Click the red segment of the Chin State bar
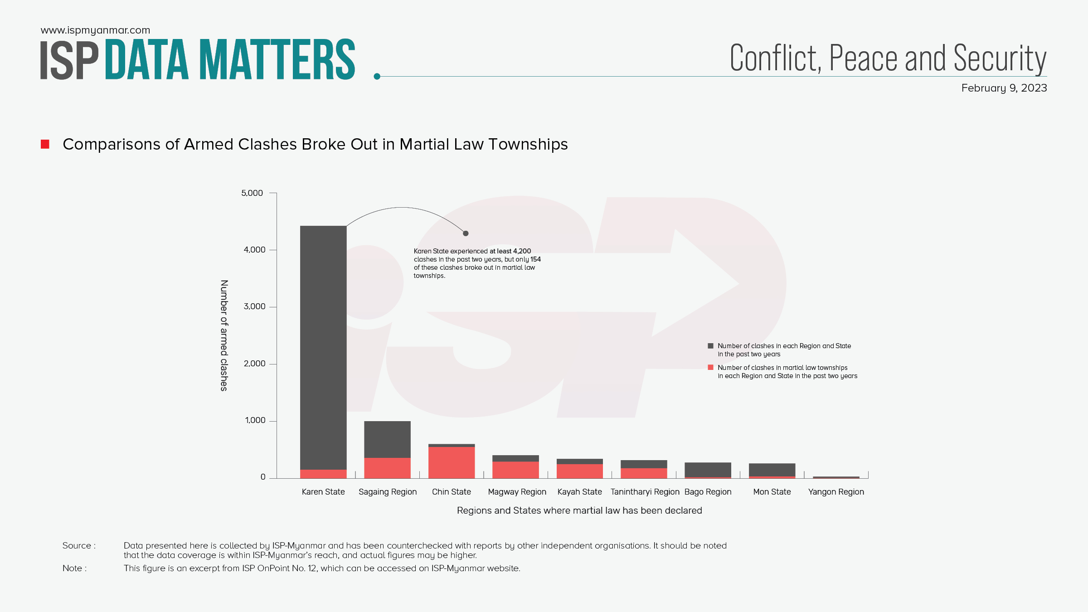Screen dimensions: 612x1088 click(x=452, y=462)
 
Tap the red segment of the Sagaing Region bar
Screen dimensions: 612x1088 click(x=387, y=468)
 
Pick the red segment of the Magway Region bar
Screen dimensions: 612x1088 click(x=515, y=470)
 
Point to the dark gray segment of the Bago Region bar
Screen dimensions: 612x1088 click(x=708, y=470)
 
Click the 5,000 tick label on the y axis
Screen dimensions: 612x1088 click(x=252, y=193)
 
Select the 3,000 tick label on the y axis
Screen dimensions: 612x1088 click(x=254, y=306)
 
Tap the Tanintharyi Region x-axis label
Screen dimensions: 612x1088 click(x=645, y=492)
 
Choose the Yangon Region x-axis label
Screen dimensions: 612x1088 click(x=836, y=492)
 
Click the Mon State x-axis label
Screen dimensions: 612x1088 click(x=772, y=492)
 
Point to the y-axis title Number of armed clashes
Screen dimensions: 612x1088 click(x=224, y=335)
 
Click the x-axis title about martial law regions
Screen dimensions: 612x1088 click(x=579, y=510)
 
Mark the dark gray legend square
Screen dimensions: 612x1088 click(x=710, y=346)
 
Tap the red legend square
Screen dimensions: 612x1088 click(x=710, y=368)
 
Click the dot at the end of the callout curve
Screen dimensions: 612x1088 click(x=466, y=233)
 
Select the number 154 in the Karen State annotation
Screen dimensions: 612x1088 click(x=536, y=259)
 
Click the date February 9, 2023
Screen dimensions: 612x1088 click(x=1004, y=88)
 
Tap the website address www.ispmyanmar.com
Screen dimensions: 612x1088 click(x=95, y=30)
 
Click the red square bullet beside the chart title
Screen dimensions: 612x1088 click(x=45, y=144)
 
